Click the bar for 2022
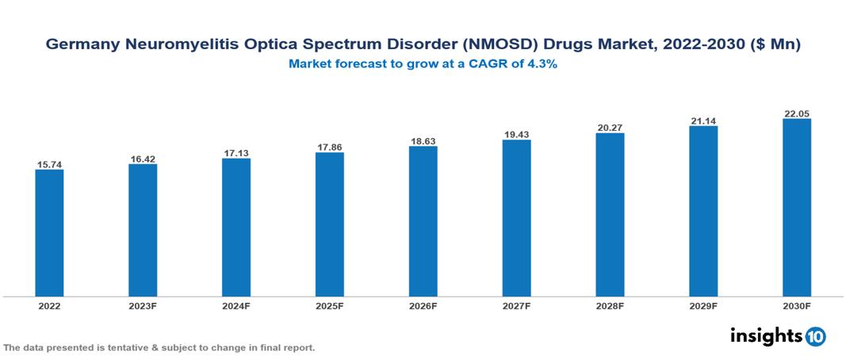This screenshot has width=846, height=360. pyautogui.click(x=49, y=232)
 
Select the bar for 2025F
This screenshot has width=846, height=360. pyautogui.click(x=329, y=224)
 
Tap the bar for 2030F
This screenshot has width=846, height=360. pyautogui.click(x=796, y=207)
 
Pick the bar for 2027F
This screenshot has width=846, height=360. pyautogui.click(x=516, y=218)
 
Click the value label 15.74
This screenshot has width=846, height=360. pyautogui.click(x=49, y=164)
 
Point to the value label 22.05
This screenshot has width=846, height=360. pyautogui.click(x=796, y=113)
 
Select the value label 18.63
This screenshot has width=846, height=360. pyautogui.click(x=423, y=141)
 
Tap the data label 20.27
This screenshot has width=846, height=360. pyautogui.click(x=610, y=127)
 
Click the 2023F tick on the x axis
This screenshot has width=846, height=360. pyautogui.click(x=143, y=305)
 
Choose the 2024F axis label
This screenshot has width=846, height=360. pyautogui.click(x=236, y=305)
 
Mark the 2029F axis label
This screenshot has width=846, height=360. pyautogui.click(x=703, y=305)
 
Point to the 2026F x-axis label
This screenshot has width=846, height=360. pyautogui.click(x=423, y=305)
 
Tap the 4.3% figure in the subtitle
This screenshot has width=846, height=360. pyautogui.click(x=543, y=65)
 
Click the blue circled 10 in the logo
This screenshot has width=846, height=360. pyautogui.click(x=815, y=336)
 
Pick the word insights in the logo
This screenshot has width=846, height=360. pyautogui.click(x=765, y=335)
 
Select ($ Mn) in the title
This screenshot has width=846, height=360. pyautogui.click(x=773, y=46)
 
